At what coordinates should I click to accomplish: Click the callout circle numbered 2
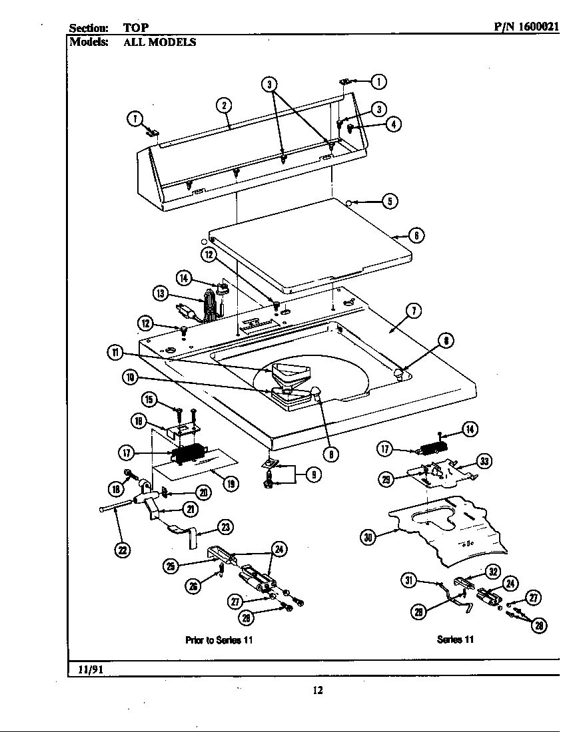point(224,104)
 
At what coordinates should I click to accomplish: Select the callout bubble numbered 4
point(394,124)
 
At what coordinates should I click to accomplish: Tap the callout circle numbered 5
point(390,201)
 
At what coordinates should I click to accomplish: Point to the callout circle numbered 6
point(416,235)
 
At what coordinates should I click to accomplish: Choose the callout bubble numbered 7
point(414,309)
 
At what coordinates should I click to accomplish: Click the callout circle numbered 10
point(129,378)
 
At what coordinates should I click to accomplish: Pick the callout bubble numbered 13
point(160,293)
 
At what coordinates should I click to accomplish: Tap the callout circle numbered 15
point(150,399)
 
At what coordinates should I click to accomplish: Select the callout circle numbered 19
point(230,484)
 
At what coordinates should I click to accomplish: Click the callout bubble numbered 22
point(123,549)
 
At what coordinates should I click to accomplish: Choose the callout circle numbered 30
point(367,538)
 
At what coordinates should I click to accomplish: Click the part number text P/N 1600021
point(526,27)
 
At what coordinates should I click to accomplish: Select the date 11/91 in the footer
point(87,668)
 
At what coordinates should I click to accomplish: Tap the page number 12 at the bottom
point(318,690)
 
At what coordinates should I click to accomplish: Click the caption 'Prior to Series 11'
point(219,640)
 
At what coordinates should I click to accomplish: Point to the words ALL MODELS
point(159,42)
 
